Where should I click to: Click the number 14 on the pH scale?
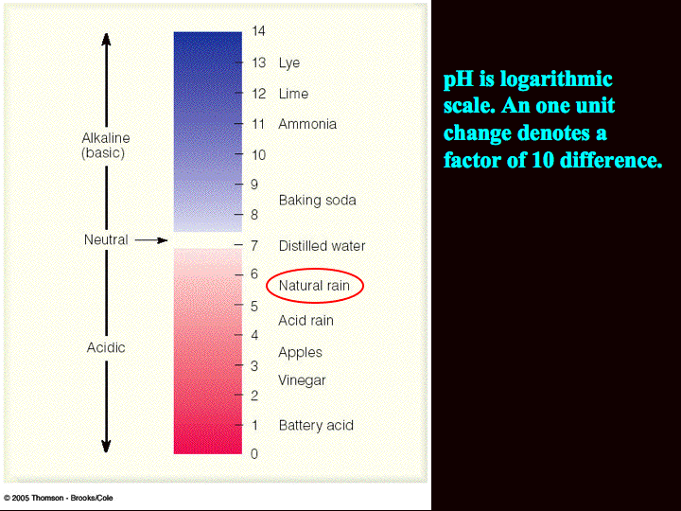pyautogui.click(x=258, y=31)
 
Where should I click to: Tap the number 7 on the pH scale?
pyautogui.click(x=254, y=246)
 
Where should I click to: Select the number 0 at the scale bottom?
pyautogui.click(x=254, y=453)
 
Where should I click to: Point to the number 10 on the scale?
pyautogui.click(x=259, y=154)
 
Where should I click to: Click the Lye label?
pyautogui.click(x=289, y=63)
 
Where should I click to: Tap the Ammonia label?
pyautogui.click(x=307, y=124)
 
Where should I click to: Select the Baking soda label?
pyautogui.click(x=318, y=201)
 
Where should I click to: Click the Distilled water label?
pyautogui.click(x=322, y=246)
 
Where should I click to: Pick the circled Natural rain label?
pyautogui.click(x=314, y=286)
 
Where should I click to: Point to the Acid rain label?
pyautogui.click(x=306, y=321)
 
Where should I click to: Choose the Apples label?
pyautogui.click(x=300, y=352)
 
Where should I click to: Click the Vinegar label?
pyautogui.click(x=302, y=380)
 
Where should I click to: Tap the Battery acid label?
pyautogui.click(x=316, y=426)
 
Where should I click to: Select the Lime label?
pyautogui.click(x=293, y=94)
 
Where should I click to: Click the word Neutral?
pyautogui.click(x=106, y=239)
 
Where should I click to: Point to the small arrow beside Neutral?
pyautogui.click(x=151, y=240)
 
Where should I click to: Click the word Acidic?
pyautogui.click(x=106, y=347)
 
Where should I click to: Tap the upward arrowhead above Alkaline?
pyautogui.click(x=106, y=39)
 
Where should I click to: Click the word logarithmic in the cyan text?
pyautogui.click(x=556, y=80)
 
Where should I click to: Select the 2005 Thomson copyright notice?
pyautogui.click(x=59, y=498)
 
